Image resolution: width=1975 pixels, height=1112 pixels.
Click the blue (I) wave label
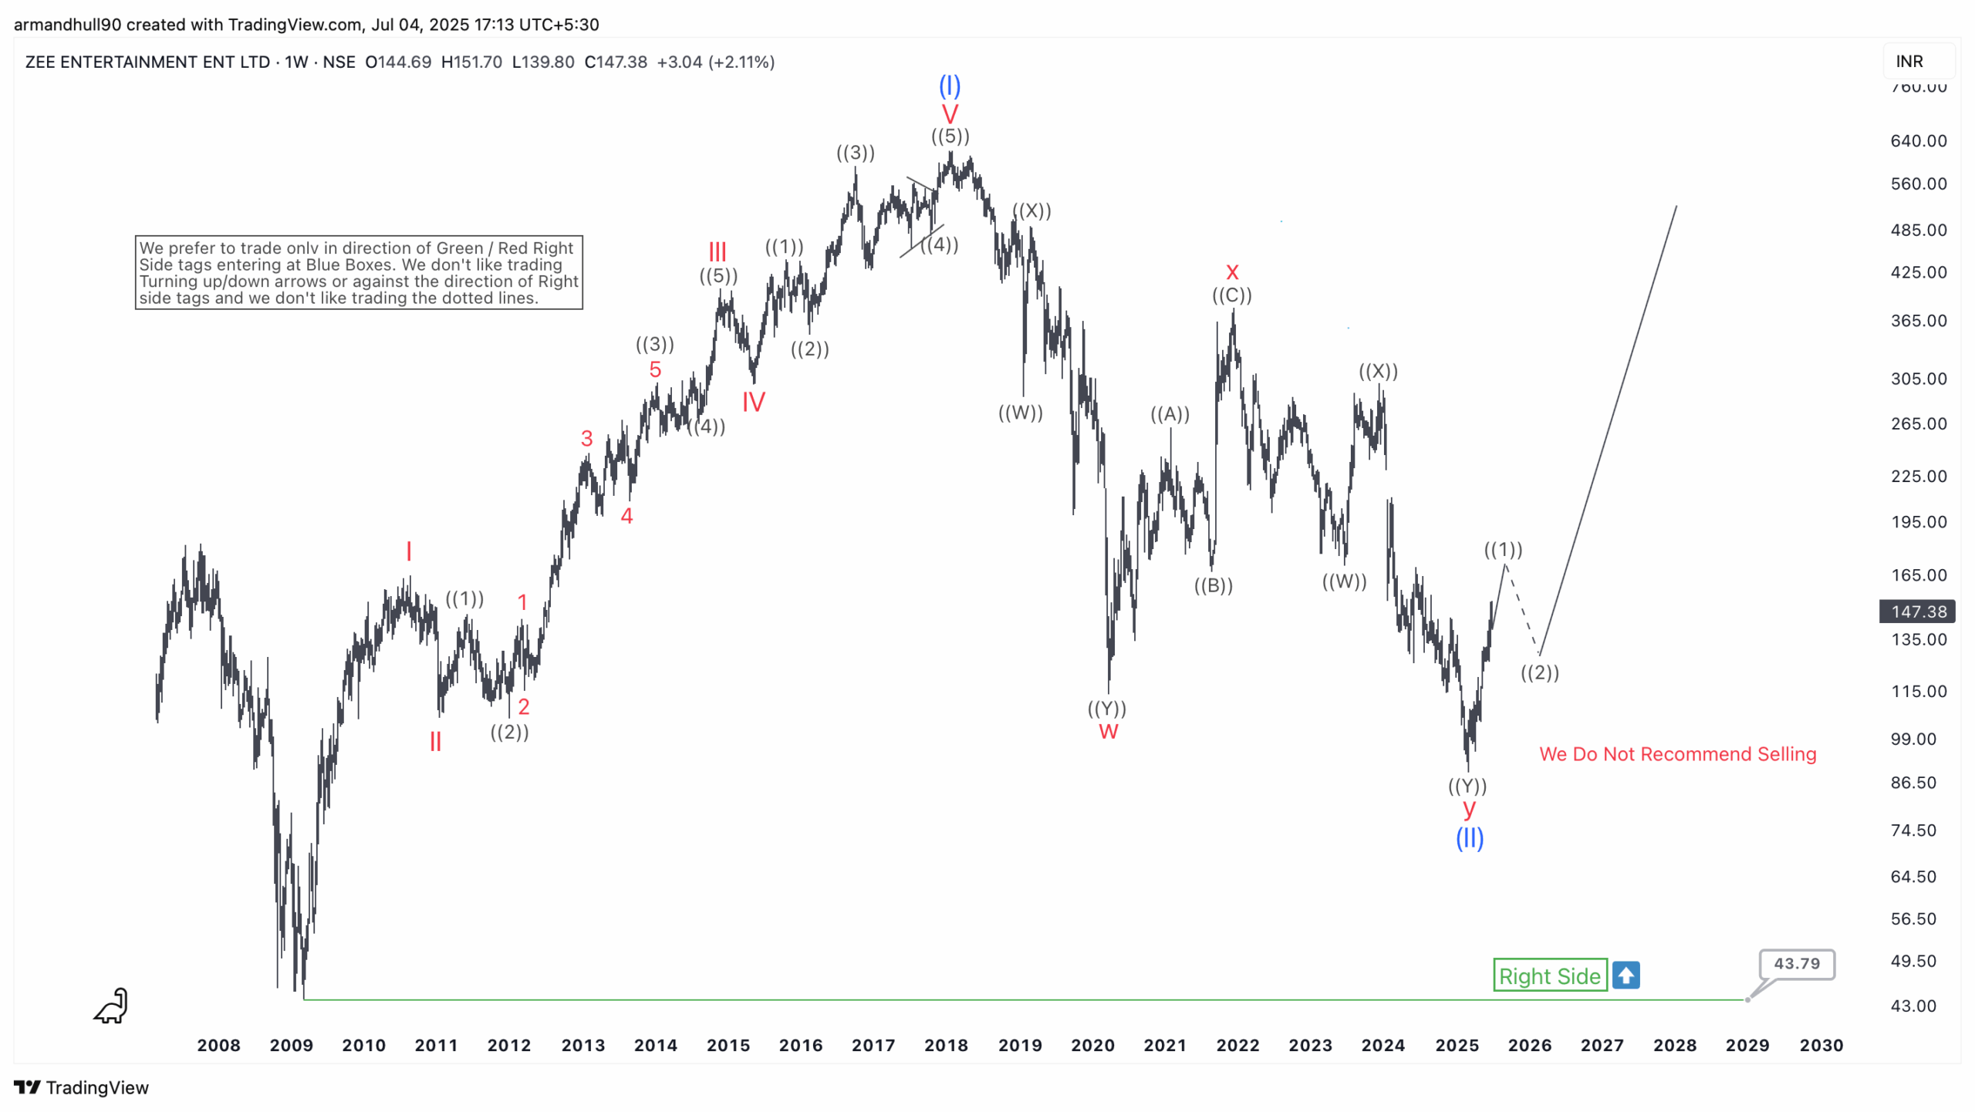click(949, 86)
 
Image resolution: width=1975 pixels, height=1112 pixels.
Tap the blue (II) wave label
click(1469, 838)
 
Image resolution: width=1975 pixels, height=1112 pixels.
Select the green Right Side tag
click(1549, 976)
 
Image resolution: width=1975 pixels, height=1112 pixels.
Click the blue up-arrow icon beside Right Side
click(1626, 976)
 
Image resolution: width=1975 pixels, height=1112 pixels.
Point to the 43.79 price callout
click(1796, 964)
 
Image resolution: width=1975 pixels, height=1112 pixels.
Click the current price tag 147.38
click(1917, 612)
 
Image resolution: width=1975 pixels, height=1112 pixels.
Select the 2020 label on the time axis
click(1092, 1046)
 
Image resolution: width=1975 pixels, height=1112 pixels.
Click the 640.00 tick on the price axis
click(1918, 141)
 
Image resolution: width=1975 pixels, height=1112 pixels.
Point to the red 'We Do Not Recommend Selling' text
click(1677, 754)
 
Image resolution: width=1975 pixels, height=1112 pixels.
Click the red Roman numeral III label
click(717, 251)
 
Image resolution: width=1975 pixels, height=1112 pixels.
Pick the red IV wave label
click(753, 402)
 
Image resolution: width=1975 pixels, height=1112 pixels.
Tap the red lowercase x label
click(1232, 272)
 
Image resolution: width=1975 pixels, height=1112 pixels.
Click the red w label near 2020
click(1108, 732)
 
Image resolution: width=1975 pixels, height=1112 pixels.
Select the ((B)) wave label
click(1213, 586)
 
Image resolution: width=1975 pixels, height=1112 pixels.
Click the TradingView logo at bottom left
click(81, 1087)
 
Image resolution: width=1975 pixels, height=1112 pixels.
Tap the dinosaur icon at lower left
click(111, 1006)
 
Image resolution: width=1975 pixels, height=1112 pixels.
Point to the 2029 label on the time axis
click(1747, 1046)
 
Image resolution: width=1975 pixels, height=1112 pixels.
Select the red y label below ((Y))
click(1468, 809)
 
